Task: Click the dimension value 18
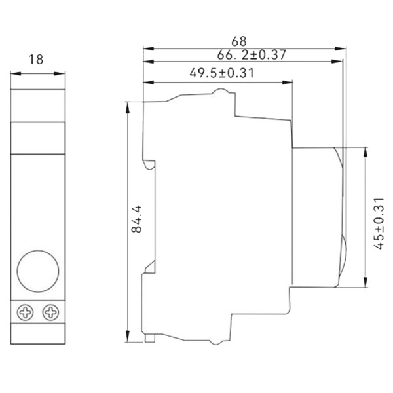click(x=37, y=60)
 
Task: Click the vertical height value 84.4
click(x=136, y=221)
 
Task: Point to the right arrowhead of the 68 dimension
click(x=343, y=48)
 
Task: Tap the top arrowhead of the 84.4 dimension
click(x=128, y=105)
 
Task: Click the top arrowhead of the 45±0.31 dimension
click(x=365, y=150)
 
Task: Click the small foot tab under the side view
click(x=150, y=337)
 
